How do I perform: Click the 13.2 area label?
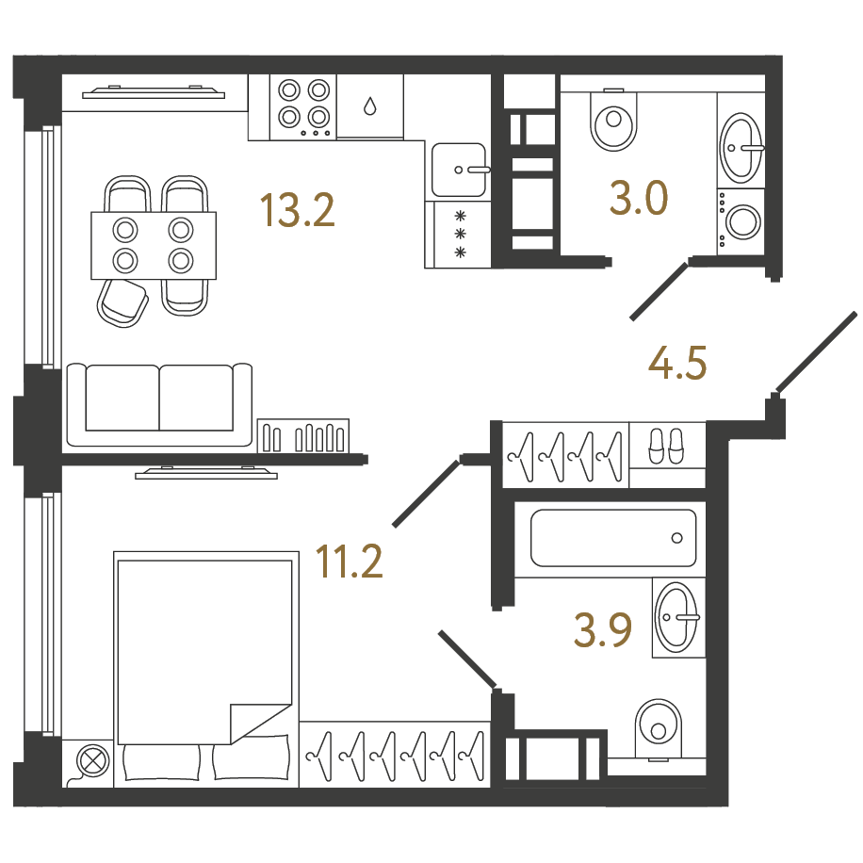click(297, 210)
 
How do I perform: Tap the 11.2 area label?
click(349, 561)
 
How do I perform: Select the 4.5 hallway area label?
click(677, 364)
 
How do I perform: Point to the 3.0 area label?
click(639, 198)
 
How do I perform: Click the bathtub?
click(613, 538)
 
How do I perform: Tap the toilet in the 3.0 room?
click(613, 120)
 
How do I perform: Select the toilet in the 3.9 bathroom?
click(659, 730)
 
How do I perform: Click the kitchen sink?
click(459, 170)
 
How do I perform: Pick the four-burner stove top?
click(303, 107)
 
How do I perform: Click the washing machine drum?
click(742, 221)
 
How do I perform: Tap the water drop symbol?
click(370, 106)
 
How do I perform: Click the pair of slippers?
click(666, 446)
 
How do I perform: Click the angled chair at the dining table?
click(122, 302)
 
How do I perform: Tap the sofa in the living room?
click(159, 404)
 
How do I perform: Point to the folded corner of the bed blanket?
click(259, 722)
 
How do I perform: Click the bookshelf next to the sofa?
click(303, 436)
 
